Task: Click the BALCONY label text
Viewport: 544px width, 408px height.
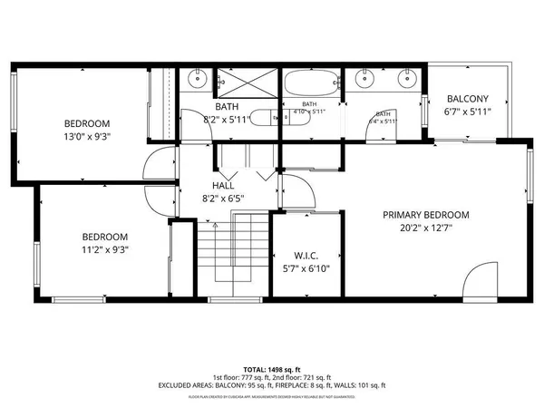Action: (x=467, y=99)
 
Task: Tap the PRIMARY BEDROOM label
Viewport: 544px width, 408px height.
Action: (x=425, y=215)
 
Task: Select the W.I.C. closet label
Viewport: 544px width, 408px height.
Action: (x=306, y=255)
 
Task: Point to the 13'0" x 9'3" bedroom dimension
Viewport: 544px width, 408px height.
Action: (x=87, y=138)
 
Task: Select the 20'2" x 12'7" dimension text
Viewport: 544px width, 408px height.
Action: (x=425, y=229)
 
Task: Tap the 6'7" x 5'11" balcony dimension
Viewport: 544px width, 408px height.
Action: (x=467, y=112)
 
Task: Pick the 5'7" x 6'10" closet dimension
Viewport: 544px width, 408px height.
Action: (x=306, y=269)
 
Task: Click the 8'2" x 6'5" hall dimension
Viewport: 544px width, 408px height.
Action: (x=222, y=198)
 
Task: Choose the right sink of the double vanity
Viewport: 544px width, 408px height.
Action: (x=405, y=79)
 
